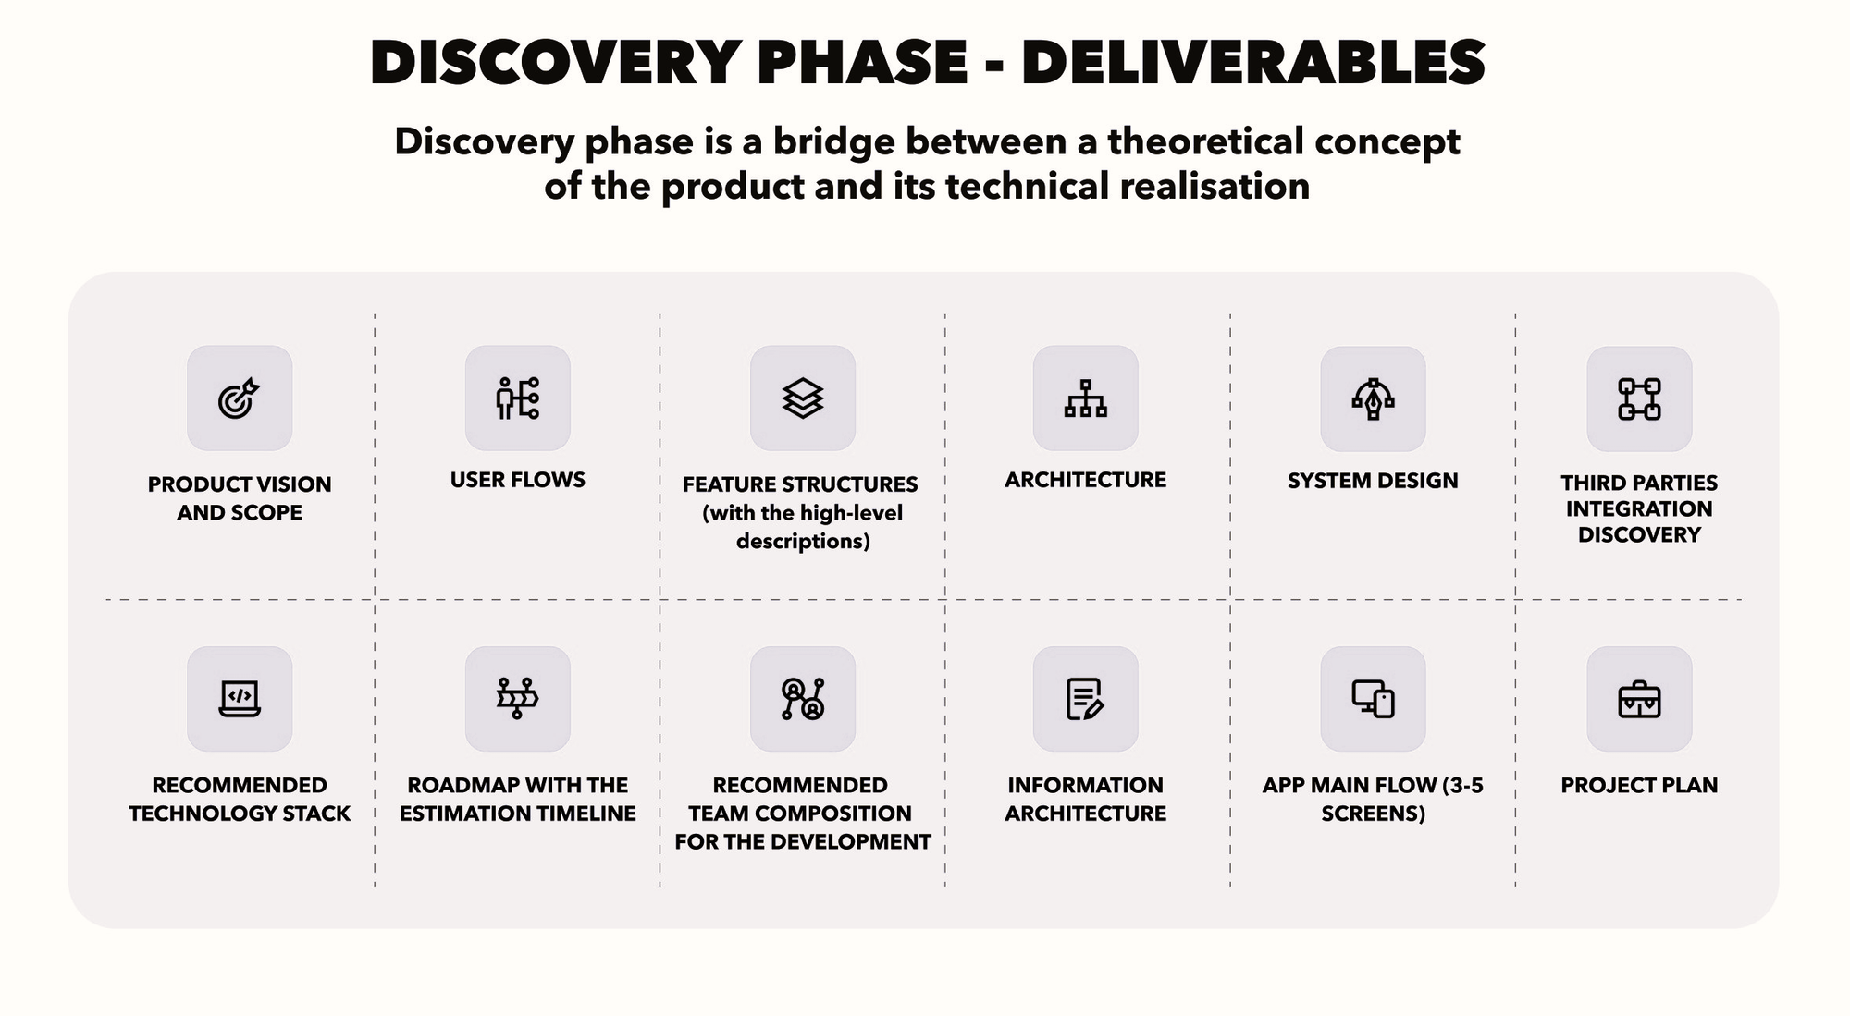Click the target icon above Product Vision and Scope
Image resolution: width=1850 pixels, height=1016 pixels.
(x=239, y=398)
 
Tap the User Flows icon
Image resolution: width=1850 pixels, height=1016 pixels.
(x=517, y=398)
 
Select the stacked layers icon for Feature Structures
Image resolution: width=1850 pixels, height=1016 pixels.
(x=802, y=398)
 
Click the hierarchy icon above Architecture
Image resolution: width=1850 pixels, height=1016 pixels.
(x=1085, y=398)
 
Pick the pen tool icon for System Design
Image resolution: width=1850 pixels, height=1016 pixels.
(x=1373, y=398)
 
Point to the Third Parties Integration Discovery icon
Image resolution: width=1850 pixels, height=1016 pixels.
(x=1639, y=398)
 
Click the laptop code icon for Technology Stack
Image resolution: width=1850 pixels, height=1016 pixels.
(x=239, y=698)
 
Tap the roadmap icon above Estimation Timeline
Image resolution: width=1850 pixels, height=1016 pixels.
(x=517, y=698)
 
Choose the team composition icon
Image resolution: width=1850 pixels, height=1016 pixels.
(x=802, y=698)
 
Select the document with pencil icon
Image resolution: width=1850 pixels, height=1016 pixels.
(x=1085, y=698)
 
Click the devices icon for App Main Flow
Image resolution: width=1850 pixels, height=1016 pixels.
(x=1373, y=698)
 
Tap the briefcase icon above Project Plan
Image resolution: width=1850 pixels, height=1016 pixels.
(x=1639, y=699)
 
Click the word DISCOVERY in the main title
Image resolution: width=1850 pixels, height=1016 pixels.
(x=552, y=63)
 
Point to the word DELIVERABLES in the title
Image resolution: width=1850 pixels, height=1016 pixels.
(x=1253, y=63)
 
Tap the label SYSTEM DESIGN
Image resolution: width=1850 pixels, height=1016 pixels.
(x=1373, y=481)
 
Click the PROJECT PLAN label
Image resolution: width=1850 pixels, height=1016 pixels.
(x=1639, y=785)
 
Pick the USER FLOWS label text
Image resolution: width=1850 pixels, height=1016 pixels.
(x=517, y=480)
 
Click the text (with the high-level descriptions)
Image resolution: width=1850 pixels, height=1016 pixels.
(x=802, y=527)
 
